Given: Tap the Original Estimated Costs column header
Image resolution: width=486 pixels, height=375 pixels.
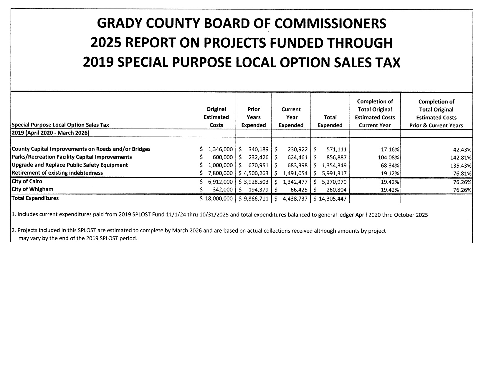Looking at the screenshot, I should coord(216,117).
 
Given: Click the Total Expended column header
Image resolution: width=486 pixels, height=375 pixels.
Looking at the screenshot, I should coord(330,121).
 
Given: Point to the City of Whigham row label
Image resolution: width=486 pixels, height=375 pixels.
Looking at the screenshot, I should coord(32,189).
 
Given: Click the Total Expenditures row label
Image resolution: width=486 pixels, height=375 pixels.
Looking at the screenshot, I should coord(35,198).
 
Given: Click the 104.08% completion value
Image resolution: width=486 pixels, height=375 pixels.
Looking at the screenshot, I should coord(388,157).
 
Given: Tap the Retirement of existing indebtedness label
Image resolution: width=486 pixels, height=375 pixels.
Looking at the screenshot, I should coord(57,173).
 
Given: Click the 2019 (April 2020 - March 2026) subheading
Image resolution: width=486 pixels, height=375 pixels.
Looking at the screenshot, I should coord(50,133).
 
